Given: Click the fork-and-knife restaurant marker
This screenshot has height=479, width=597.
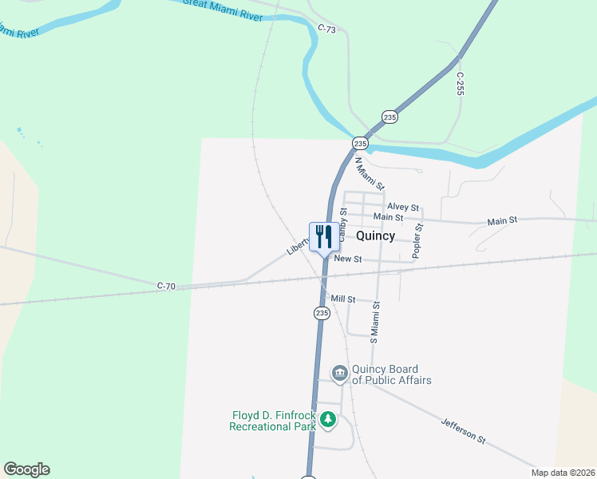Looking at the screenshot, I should click(x=323, y=237).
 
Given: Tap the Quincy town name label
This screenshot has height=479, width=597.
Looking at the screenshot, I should click(x=375, y=236).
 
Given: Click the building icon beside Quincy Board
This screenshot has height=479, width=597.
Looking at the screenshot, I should click(x=339, y=373).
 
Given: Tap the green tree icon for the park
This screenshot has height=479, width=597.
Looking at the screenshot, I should click(x=327, y=419).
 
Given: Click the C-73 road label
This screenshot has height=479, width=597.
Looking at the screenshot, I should click(x=327, y=29).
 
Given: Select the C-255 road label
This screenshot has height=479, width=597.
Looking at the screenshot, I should click(x=460, y=84).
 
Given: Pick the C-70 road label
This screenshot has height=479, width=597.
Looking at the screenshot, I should click(x=166, y=285).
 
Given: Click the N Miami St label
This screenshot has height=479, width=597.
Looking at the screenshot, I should click(x=370, y=172).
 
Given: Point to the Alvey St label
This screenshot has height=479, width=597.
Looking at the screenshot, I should click(x=403, y=207).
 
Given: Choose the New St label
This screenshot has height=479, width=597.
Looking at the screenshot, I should click(x=348, y=259).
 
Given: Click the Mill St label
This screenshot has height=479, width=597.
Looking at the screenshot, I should click(x=342, y=299).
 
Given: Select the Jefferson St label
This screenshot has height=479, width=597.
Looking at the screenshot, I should click(x=463, y=429).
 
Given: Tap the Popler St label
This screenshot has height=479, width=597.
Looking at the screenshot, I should click(x=417, y=240).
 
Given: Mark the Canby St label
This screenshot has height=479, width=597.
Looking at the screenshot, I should click(x=343, y=224).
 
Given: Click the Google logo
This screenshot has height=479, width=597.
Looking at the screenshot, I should click(x=26, y=469).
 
